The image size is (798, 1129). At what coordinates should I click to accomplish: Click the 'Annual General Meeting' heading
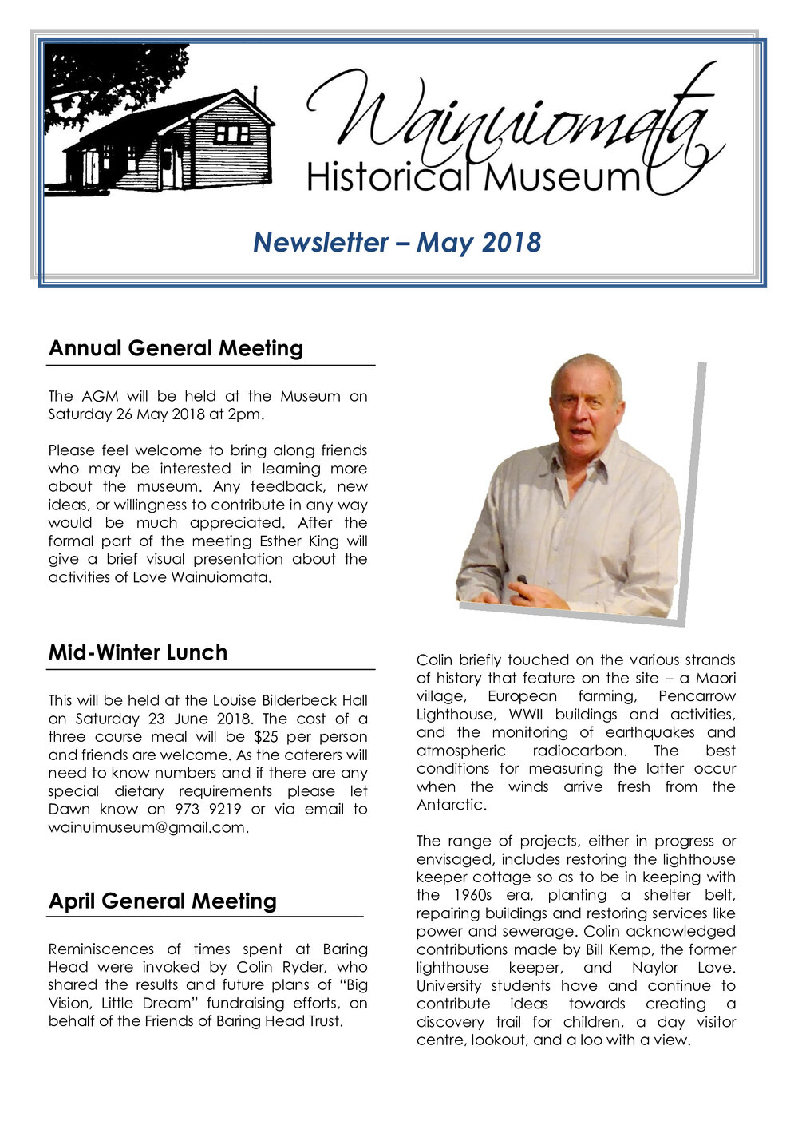pos(176,348)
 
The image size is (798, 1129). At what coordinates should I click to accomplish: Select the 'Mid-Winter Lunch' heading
pos(137,652)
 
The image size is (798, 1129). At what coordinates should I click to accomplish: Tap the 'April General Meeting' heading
pos(162,901)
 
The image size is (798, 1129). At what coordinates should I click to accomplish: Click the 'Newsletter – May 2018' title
pos(397,242)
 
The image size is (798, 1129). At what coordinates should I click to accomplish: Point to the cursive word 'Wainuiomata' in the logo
pos(511,120)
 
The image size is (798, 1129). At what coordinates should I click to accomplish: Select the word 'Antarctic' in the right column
pos(449,805)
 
